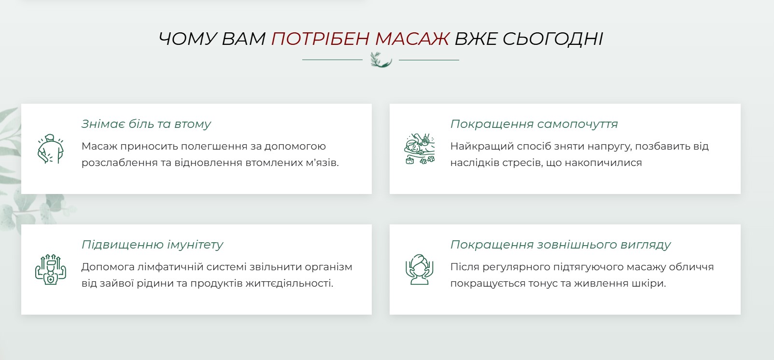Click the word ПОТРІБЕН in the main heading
click(320, 39)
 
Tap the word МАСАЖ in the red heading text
click(412, 39)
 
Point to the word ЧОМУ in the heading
click(187, 39)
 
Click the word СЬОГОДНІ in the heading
click(552, 39)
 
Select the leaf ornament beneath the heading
click(381, 59)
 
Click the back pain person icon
click(50, 149)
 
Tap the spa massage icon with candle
click(420, 149)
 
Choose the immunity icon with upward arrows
click(50, 269)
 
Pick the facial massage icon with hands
click(419, 269)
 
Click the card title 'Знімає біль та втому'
click(146, 124)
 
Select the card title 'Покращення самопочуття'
click(534, 124)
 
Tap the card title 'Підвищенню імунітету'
click(153, 245)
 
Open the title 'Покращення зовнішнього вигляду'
click(561, 245)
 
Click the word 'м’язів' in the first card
click(323, 162)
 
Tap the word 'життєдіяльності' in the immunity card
click(289, 283)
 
